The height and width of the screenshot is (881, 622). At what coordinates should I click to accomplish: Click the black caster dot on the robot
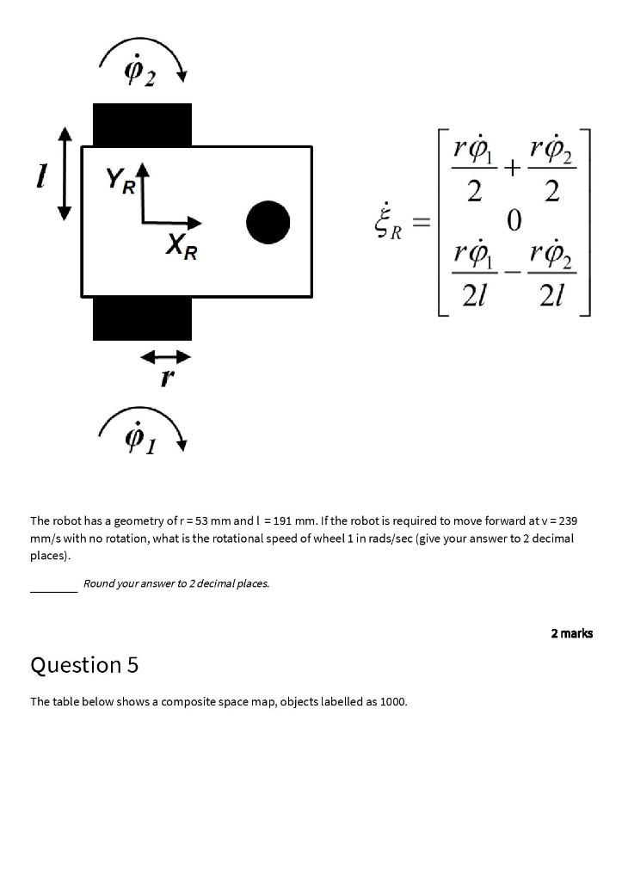pyautogui.click(x=268, y=222)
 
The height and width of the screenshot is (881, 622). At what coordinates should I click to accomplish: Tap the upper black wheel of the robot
pyautogui.click(x=142, y=124)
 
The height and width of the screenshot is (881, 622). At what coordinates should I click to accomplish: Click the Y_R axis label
pyautogui.click(x=120, y=182)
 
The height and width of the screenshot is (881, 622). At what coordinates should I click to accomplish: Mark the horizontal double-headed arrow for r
pyautogui.click(x=166, y=355)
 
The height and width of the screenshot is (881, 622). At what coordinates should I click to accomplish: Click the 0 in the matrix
pyautogui.click(x=514, y=222)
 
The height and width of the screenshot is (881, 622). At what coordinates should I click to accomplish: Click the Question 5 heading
pyautogui.click(x=84, y=665)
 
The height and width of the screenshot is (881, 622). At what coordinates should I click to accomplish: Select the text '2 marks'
pyautogui.click(x=571, y=633)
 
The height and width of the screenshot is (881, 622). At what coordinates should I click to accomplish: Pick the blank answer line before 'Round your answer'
pyautogui.click(x=53, y=588)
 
